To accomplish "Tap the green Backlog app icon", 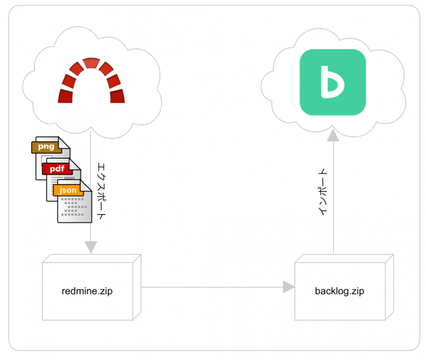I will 332,83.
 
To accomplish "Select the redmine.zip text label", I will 87,291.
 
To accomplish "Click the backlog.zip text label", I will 339,291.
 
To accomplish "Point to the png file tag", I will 46,147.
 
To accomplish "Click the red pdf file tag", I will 57,169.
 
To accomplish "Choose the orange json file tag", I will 68,190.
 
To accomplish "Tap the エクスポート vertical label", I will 100,191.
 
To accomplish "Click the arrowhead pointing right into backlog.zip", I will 288,287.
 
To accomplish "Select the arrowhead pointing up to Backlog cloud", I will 332,135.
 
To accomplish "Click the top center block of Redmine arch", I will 91,63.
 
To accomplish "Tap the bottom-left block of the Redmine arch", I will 65,97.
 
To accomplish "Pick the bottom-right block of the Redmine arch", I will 117,97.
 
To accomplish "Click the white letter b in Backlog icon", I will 332,83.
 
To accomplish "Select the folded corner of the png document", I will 65,143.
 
